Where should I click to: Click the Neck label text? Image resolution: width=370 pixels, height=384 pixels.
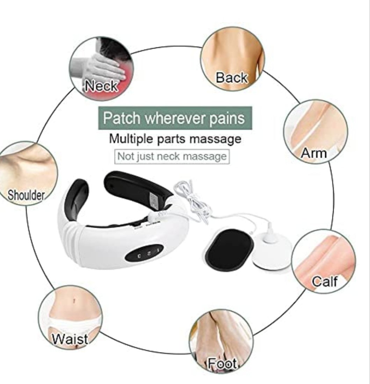[x=101, y=85]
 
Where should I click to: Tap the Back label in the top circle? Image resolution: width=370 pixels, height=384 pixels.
[x=231, y=78]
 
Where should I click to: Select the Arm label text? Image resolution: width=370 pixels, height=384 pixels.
[x=314, y=153]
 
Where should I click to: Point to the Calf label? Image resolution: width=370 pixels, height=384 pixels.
[x=325, y=281]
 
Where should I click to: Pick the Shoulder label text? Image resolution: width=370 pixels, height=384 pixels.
[x=27, y=195]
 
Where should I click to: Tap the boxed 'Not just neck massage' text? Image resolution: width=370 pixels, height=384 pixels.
[x=172, y=156]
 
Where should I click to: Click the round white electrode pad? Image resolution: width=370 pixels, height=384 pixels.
[x=273, y=249]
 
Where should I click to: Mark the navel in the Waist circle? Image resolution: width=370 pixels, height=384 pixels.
[x=74, y=300]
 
